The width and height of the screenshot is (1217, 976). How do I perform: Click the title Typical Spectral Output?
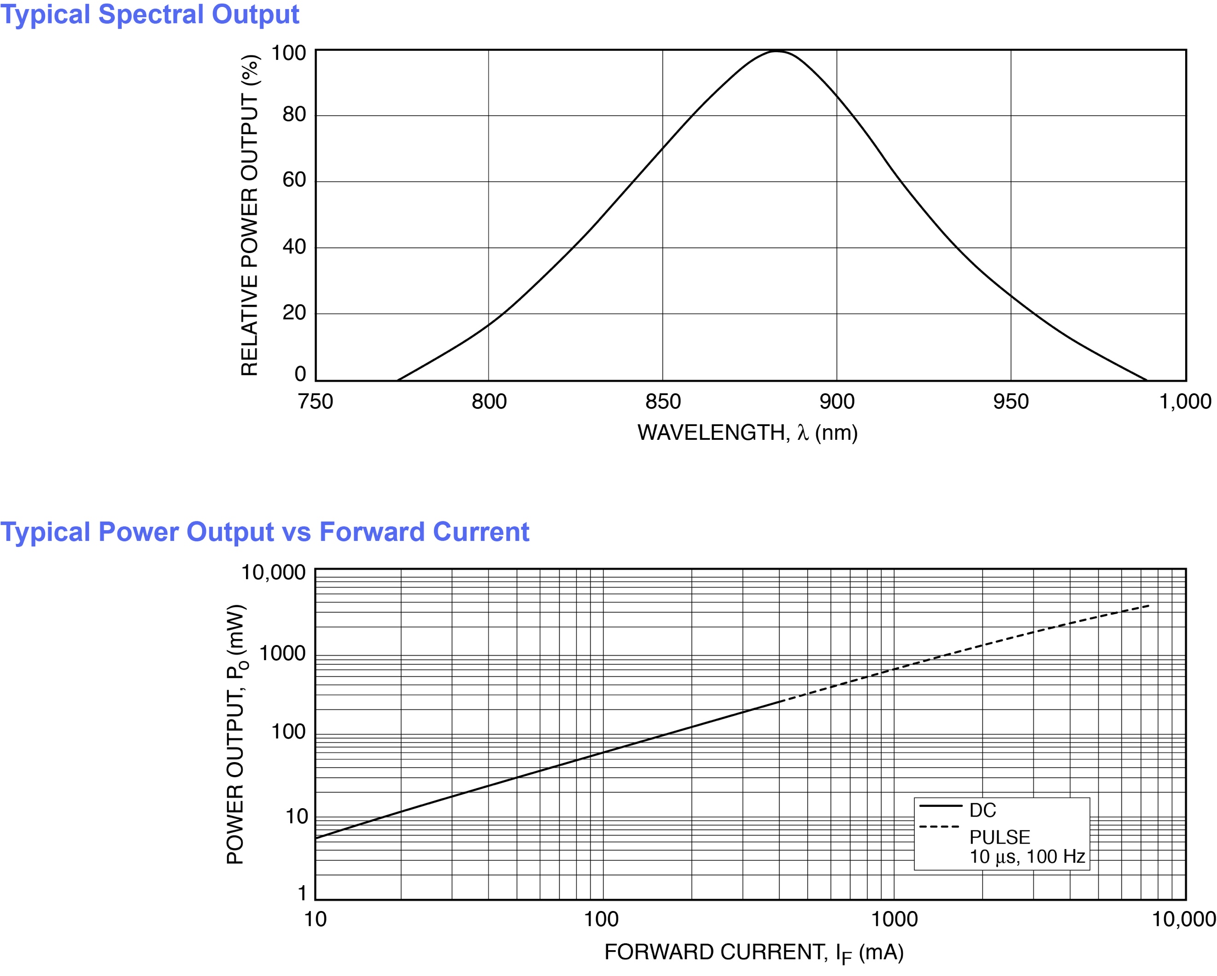tap(150, 14)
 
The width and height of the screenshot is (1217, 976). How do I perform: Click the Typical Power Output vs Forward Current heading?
tap(264, 532)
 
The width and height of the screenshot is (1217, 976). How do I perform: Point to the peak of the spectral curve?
tap(777, 51)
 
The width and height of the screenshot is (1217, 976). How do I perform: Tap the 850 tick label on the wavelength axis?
tap(663, 402)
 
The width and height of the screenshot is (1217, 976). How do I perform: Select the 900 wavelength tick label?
tap(837, 402)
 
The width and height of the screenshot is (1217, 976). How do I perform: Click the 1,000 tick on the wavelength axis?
tap(1185, 402)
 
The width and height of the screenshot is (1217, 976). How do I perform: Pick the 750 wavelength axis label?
tap(315, 402)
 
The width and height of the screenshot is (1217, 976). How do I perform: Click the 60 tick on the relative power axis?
tap(294, 180)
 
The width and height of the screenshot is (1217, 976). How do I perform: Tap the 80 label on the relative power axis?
tap(294, 115)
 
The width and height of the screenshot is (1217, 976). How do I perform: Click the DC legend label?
tap(983, 810)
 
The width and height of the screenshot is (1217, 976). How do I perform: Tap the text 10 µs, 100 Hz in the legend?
tap(1027, 857)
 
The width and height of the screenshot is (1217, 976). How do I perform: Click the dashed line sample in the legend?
tap(939, 827)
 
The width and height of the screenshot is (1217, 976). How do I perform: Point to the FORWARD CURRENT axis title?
tap(754, 953)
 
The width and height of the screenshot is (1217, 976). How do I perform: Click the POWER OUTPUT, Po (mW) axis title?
tap(236, 734)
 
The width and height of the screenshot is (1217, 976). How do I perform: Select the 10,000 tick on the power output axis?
tap(274, 573)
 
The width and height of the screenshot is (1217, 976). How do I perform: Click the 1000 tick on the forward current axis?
tap(895, 919)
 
